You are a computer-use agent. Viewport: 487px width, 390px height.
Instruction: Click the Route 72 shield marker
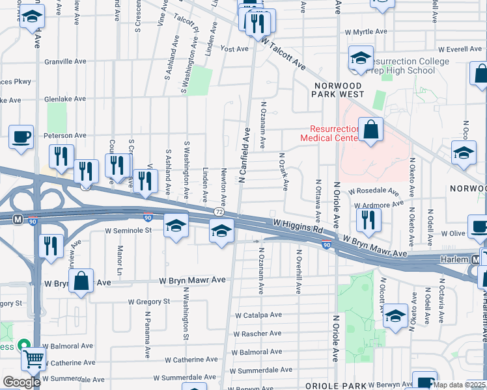219,213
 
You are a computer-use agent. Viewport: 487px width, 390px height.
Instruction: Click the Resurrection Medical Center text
329,133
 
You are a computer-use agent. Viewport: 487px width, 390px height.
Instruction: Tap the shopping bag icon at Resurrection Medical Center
370,129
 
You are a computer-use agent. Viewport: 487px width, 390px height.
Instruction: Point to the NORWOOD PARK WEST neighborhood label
340,90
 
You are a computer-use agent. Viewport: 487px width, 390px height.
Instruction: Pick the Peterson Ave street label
64,135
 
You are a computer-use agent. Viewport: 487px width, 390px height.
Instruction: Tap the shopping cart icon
33,357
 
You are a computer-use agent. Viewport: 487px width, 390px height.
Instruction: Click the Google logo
21,382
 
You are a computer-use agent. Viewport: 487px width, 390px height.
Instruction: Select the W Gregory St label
148,302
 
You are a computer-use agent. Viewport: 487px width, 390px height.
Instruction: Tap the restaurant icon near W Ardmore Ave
369,222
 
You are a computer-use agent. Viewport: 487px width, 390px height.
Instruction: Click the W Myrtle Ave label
366,31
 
